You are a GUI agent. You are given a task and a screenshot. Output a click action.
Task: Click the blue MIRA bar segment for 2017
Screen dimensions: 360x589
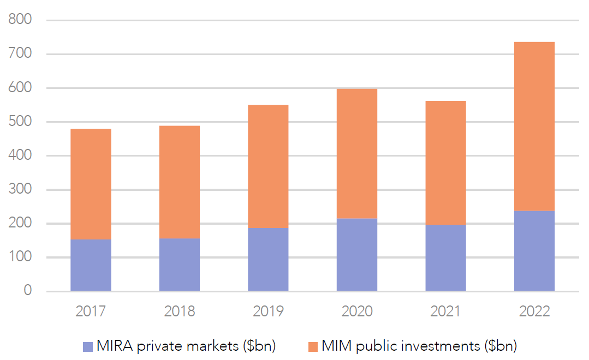(91, 265)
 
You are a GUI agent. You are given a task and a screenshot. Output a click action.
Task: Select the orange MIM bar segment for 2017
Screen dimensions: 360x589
(91, 184)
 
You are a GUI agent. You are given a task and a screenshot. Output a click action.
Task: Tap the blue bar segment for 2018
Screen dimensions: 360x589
(179, 265)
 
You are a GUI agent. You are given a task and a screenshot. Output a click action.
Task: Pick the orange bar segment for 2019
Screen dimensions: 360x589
(268, 166)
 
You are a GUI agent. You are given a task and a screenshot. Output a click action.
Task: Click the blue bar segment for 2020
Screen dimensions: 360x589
(356, 255)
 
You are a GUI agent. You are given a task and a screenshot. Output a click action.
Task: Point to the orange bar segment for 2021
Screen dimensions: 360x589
(445, 163)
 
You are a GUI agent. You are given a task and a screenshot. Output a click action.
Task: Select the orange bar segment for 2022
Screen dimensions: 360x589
(534, 126)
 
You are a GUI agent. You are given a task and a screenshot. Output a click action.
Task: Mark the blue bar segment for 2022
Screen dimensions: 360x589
(534, 251)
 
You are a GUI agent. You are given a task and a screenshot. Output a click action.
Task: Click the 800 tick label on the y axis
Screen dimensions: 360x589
(21, 20)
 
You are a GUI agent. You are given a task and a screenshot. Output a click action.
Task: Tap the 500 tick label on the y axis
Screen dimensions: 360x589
(21, 122)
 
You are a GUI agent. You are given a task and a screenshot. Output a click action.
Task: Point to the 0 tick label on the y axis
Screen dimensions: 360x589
(27, 291)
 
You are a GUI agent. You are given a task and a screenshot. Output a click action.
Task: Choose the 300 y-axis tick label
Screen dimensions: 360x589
(21, 190)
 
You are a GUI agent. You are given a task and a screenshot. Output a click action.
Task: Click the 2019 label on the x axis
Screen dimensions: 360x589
(268, 311)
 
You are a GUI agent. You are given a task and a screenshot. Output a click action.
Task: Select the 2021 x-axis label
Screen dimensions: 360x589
(445, 311)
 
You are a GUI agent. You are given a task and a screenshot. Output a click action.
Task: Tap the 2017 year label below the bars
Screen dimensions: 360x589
(91, 311)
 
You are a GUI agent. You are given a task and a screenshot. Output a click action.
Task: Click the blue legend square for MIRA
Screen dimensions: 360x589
(88, 346)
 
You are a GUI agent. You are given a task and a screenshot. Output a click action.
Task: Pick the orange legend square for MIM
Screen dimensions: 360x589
(312, 346)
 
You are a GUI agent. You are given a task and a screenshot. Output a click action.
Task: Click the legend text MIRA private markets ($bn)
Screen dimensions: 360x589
(186, 346)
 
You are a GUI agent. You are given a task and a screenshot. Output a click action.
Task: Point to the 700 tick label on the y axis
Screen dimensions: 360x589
(21, 54)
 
